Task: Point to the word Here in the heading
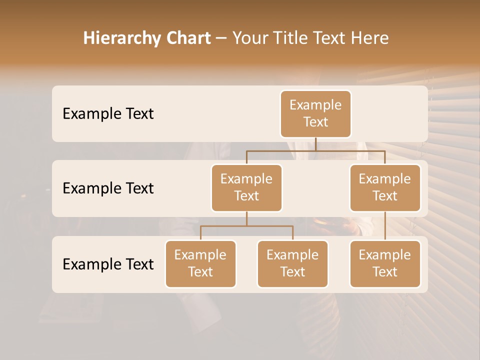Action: pyautogui.click(x=370, y=38)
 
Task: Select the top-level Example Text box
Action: pyautogui.click(x=315, y=114)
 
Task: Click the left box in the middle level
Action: pyautogui.click(x=246, y=188)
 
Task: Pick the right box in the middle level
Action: pyautogui.click(x=385, y=188)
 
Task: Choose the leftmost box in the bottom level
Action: pyautogui.click(x=200, y=264)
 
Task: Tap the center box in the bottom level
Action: pyautogui.click(x=292, y=264)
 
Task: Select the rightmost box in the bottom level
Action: pyautogui.click(x=385, y=264)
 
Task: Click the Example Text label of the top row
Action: pyautogui.click(x=108, y=114)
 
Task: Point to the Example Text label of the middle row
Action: pyautogui.click(x=108, y=188)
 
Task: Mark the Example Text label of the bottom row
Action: pyautogui.click(x=108, y=264)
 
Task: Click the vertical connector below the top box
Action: pyautogui.click(x=315, y=144)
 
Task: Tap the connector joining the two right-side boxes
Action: pyautogui.click(x=385, y=226)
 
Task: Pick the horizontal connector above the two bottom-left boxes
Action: pyautogui.click(x=246, y=226)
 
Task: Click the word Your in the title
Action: pyautogui.click(x=248, y=38)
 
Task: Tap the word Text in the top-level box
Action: pyautogui.click(x=315, y=122)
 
